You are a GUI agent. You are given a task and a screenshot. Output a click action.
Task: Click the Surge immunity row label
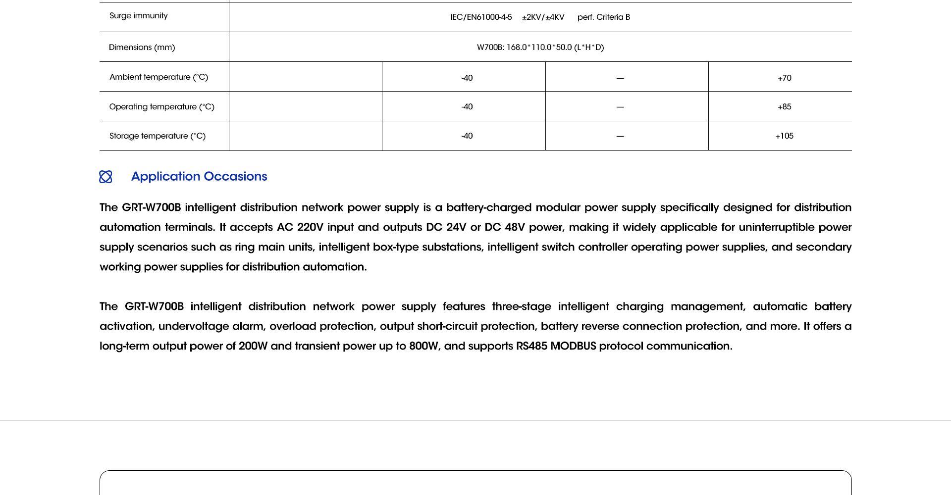click(x=139, y=16)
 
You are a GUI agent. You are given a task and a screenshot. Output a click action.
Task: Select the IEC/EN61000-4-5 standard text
click(x=481, y=17)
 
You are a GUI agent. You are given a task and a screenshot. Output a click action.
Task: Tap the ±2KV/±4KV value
click(x=543, y=17)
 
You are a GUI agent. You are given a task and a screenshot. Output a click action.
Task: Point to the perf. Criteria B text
click(x=604, y=17)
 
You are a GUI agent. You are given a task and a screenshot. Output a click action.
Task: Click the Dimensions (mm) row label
click(x=142, y=48)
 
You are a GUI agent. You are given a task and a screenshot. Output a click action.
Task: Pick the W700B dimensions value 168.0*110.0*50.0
click(x=540, y=48)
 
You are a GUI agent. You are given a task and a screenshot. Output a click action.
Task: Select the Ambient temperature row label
click(x=158, y=77)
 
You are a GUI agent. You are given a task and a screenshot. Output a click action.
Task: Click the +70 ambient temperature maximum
click(x=784, y=78)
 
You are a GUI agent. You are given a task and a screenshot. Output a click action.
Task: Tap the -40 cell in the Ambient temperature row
click(x=467, y=78)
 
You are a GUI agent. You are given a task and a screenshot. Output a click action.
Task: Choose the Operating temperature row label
click(x=161, y=107)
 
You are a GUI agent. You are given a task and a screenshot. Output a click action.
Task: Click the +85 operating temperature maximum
click(x=784, y=107)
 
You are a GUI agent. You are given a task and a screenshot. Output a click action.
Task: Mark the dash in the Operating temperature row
click(x=620, y=107)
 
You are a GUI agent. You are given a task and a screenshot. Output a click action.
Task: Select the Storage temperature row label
click(x=158, y=136)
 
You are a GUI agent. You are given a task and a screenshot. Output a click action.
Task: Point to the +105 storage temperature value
click(x=784, y=136)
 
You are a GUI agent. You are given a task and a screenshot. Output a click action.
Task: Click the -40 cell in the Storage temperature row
click(x=467, y=136)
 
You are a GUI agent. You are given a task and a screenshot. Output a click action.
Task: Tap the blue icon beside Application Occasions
click(x=106, y=177)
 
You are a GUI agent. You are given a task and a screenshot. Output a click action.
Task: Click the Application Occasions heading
click(x=199, y=177)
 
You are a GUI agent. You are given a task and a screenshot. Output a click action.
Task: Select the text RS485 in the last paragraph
click(x=531, y=346)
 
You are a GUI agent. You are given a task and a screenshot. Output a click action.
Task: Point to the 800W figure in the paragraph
click(x=424, y=346)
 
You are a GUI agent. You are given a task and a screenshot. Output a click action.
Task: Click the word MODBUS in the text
click(x=573, y=346)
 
